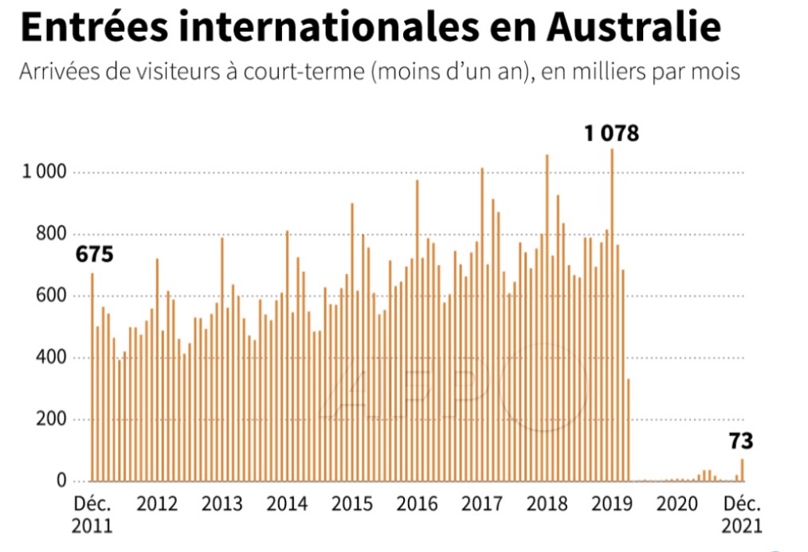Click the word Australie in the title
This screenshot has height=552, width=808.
pyautogui.click(x=634, y=27)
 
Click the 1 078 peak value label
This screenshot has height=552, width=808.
pyautogui.click(x=611, y=134)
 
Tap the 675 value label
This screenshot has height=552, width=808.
pyautogui.click(x=95, y=255)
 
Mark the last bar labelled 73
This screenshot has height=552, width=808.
pyautogui.click(x=742, y=469)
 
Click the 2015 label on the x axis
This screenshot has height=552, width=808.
pyautogui.click(x=351, y=504)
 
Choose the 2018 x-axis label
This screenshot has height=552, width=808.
pyautogui.click(x=546, y=504)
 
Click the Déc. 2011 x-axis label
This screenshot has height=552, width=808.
pyautogui.click(x=93, y=515)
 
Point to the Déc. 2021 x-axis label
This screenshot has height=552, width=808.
pyautogui.click(x=742, y=515)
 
